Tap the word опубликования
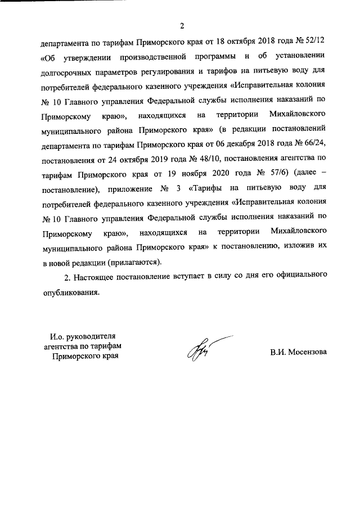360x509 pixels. (x=70, y=292)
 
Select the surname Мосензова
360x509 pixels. (x=306, y=353)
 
